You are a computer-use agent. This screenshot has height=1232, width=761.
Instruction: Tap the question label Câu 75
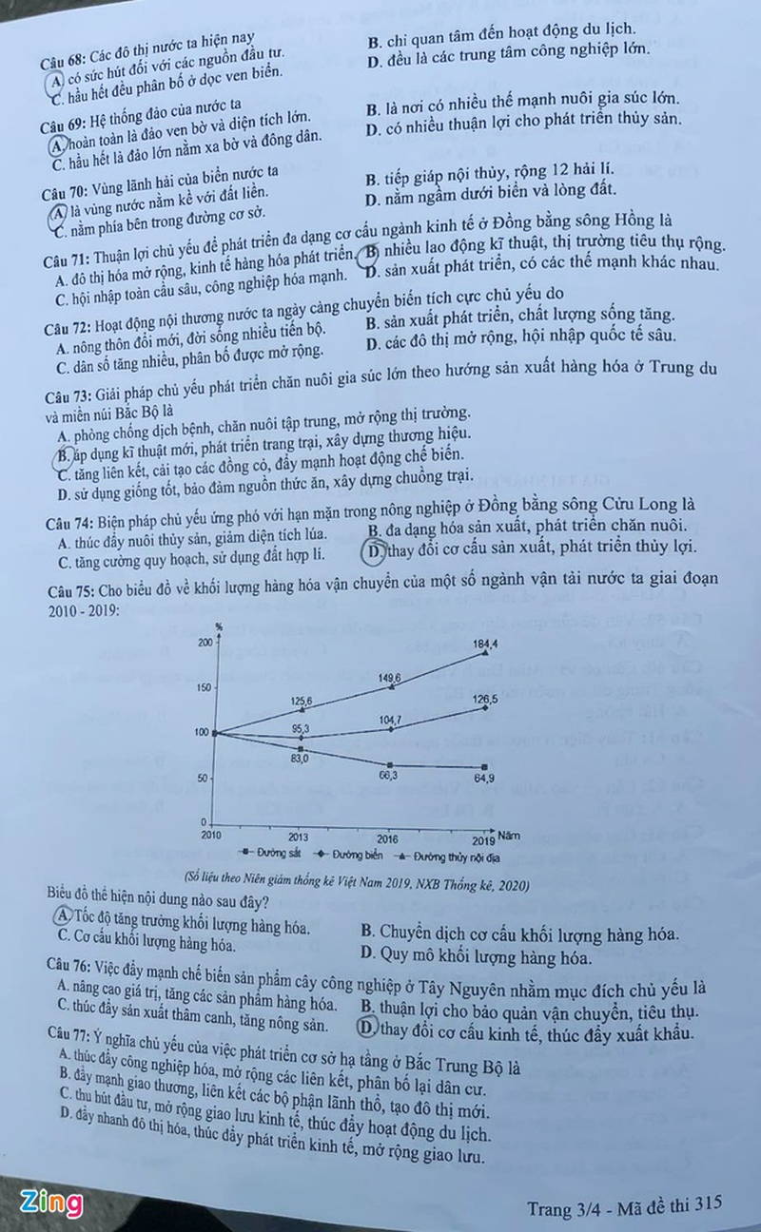pyautogui.click(x=68, y=587)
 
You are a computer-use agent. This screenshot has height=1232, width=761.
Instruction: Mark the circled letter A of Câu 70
pyautogui.click(x=59, y=212)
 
